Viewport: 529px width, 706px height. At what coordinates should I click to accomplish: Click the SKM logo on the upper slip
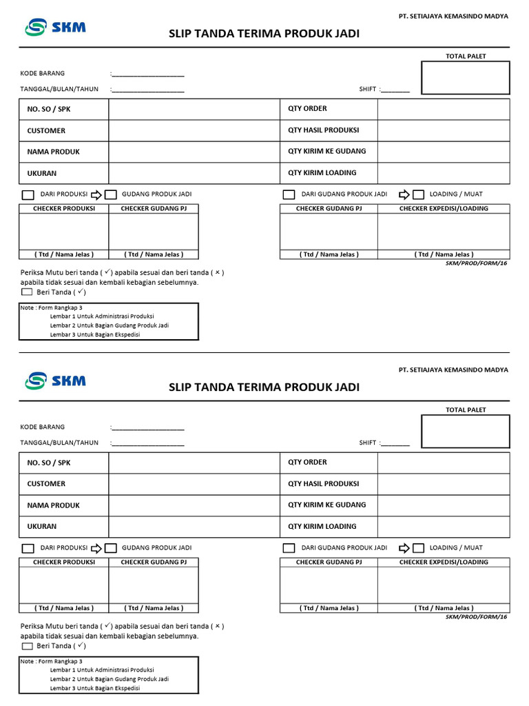(x=55, y=27)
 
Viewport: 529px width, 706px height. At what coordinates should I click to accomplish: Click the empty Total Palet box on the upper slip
(x=466, y=78)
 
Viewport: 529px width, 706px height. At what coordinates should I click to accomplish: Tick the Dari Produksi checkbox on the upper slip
(x=28, y=194)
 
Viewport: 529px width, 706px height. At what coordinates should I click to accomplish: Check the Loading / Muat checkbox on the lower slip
(x=418, y=548)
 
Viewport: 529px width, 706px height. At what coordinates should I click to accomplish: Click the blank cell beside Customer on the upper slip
(x=193, y=130)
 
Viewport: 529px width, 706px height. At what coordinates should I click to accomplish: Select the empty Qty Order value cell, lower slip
(x=443, y=463)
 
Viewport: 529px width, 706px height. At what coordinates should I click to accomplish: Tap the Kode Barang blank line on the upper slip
(x=148, y=74)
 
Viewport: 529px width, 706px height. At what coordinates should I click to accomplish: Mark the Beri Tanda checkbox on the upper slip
(x=28, y=292)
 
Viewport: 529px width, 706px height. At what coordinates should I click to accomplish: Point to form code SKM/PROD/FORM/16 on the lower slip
(x=476, y=617)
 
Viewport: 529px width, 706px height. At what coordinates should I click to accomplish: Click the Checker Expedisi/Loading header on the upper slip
(x=444, y=208)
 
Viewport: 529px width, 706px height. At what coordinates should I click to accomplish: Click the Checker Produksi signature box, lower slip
(x=63, y=585)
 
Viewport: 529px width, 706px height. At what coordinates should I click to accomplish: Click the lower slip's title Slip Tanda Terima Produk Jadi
(x=264, y=387)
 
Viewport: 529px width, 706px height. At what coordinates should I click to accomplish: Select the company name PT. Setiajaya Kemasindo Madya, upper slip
(x=453, y=17)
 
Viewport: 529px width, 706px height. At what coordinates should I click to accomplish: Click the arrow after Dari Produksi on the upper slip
(x=96, y=194)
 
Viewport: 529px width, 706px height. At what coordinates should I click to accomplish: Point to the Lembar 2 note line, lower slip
(x=110, y=678)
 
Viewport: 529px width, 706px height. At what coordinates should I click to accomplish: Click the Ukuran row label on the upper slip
(x=42, y=174)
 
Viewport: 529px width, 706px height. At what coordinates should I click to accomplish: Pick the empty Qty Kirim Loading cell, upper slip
(x=443, y=173)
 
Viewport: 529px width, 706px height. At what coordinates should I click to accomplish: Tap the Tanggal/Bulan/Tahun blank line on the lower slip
(x=148, y=443)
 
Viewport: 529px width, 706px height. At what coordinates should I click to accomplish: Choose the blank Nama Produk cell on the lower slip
(x=193, y=505)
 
